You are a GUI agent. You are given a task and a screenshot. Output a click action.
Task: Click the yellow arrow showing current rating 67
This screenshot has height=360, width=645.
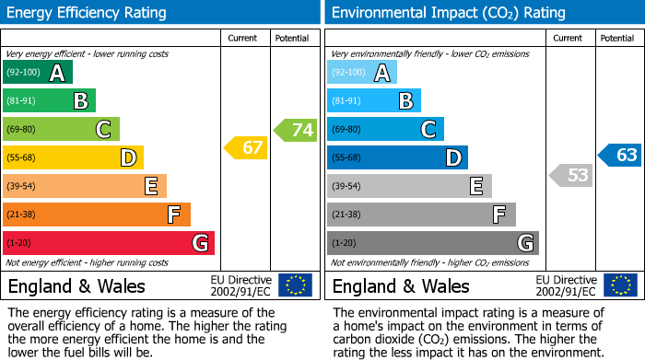click(x=246, y=147)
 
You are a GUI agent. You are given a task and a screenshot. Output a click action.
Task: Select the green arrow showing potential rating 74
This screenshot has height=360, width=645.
click(x=296, y=130)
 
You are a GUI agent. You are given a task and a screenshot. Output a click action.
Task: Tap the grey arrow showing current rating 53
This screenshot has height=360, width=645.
click(x=570, y=174)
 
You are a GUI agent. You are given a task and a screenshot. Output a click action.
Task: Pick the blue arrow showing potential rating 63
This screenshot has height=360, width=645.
click(x=620, y=155)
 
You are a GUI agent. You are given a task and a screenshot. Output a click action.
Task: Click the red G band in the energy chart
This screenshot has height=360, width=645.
click(x=109, y=243)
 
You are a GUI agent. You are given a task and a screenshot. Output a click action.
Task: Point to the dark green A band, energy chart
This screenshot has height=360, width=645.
click(x=37, y=73)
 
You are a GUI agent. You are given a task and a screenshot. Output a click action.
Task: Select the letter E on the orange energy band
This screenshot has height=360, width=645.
click(x=150, y=186)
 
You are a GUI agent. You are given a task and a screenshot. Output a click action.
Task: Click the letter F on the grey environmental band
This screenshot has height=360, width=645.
click(x=499, y=215)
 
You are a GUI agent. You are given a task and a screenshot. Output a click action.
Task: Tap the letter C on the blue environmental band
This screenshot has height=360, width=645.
click(x=428, y=129)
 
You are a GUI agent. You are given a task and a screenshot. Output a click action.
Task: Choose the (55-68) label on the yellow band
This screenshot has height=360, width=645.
click(x=23, y=158)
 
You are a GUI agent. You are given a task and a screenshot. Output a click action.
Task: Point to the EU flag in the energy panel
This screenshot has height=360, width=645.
click(x=295, y=285)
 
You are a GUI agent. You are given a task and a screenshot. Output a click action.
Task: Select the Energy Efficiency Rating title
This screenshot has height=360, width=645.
click(x=88, y=13)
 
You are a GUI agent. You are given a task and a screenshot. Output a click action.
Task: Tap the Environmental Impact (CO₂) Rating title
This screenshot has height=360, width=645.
click(x=448, y=13)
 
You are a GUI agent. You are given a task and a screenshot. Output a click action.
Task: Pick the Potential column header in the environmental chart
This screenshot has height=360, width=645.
click(x=617, y=38)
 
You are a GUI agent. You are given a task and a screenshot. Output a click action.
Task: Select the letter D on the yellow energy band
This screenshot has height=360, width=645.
click(x=127, y=157)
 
